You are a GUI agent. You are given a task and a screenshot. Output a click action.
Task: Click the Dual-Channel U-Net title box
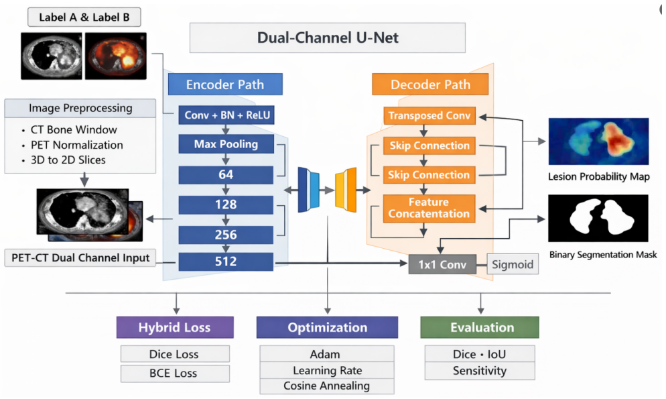(x=328, y=38)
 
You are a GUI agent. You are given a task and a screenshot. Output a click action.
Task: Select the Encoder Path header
(x=225, y=84)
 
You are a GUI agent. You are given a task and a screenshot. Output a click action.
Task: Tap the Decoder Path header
(x=430, y=84)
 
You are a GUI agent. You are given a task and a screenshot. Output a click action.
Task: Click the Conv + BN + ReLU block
(x=226, y=115)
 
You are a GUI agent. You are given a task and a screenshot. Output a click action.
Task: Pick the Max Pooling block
(x=226, y=144)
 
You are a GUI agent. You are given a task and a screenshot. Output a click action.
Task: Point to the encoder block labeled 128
(x=226, y=205)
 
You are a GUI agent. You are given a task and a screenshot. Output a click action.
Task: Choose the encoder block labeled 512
(x=226, y=262)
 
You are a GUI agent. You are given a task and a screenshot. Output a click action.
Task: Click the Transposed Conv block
(x=429, y=115)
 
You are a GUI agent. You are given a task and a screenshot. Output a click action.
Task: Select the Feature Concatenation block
(x=429, y=208)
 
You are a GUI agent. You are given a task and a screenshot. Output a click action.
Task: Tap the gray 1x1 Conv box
(x=442, y=265)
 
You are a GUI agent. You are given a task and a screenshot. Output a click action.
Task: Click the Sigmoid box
(x=513, y=264)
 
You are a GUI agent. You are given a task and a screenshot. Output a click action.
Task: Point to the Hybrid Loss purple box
(x=175, y=327)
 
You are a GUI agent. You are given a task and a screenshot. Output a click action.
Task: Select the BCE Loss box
(x=175, y=374)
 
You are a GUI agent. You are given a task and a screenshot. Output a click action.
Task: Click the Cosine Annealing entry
(x=327, y=386)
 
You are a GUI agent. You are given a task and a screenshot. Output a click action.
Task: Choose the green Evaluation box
(x=480, y=327)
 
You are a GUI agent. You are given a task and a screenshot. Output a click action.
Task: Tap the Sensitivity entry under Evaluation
(x=480, y=371)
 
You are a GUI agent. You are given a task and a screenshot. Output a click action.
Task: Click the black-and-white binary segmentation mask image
(x=598, y=219)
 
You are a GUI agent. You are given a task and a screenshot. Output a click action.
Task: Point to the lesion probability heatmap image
(x=598, y=141)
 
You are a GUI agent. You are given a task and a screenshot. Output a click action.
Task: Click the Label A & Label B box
(x=84, y=17)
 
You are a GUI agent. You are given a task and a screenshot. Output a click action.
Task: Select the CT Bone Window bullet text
(x=74, y=129)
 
